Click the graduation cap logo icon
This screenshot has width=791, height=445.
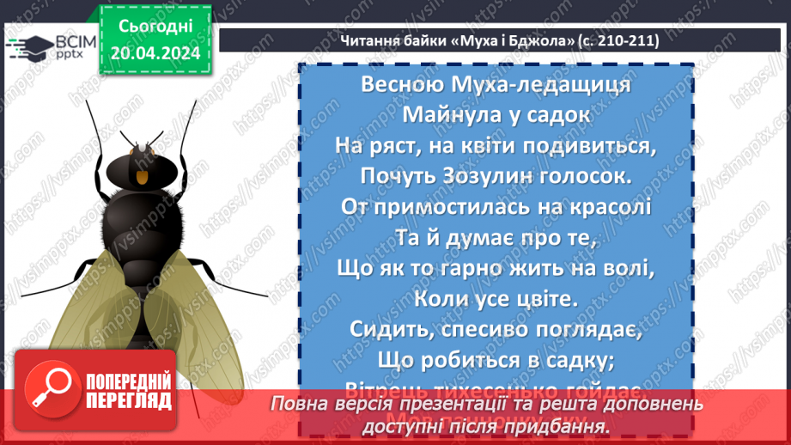click(x=27, y=46)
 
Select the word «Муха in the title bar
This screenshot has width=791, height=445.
click(x=453, y=40)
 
